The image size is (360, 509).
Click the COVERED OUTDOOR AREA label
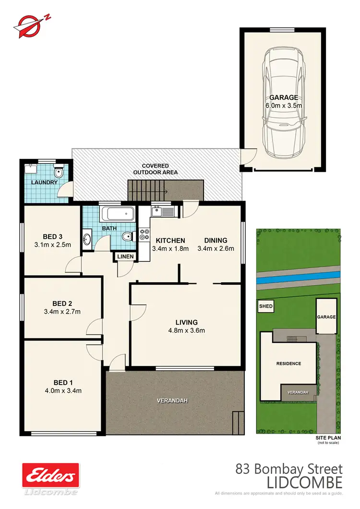tap(156, 169)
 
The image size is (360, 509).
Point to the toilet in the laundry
tap(59, 172)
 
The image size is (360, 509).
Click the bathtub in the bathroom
tap(118, 214)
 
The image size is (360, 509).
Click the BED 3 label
tap(53, 236)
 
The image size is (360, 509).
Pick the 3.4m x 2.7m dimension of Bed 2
tap(63, 312)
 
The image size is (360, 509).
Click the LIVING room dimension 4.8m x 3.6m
tap(187, 330)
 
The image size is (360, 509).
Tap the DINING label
tap(216, 241)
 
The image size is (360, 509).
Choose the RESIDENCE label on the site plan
tap(288, 364)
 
